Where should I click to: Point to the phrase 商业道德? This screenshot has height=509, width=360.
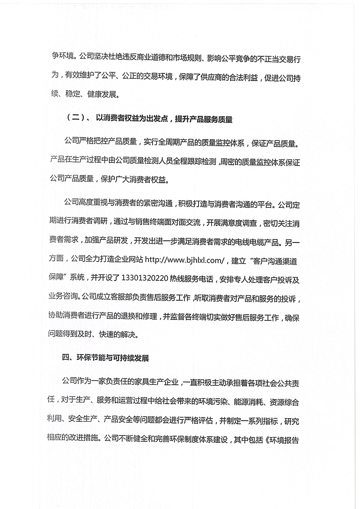point(159,58)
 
